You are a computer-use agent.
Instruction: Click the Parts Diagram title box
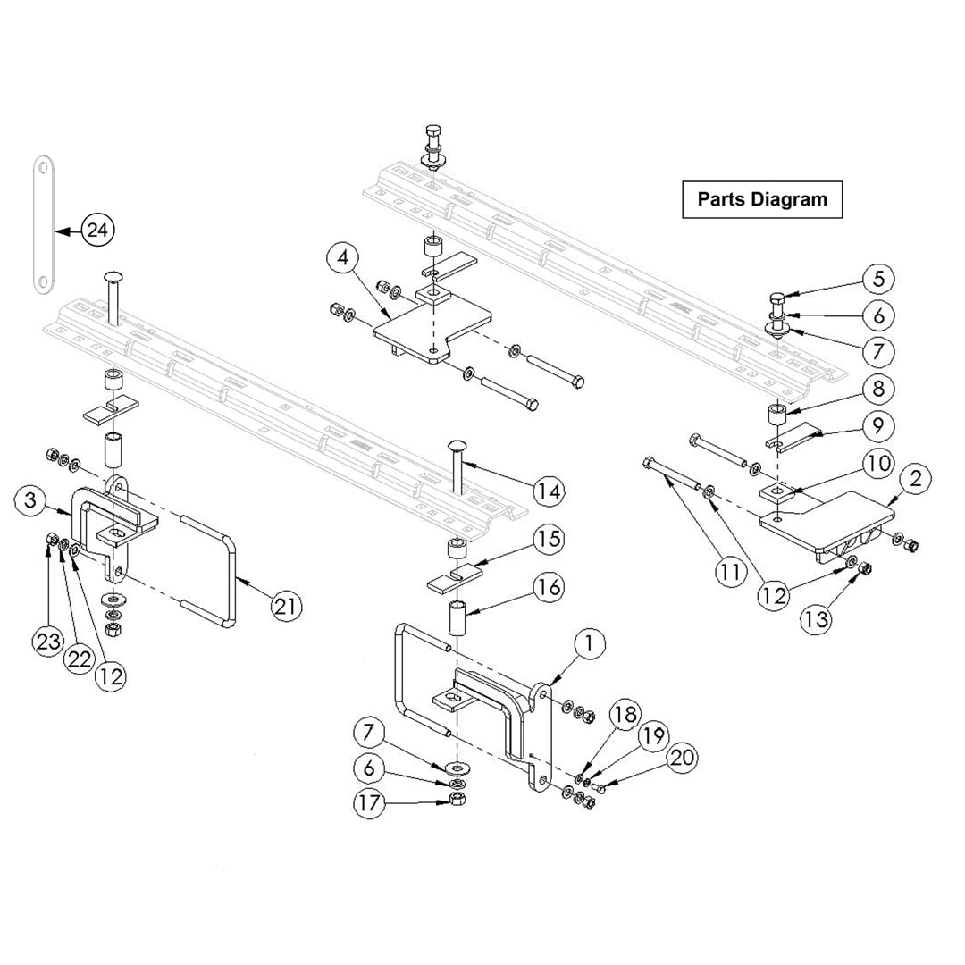click(x=762, y=199)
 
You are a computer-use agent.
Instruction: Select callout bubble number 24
click(x=98, y=231)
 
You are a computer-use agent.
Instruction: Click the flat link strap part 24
click(x=42, y=222)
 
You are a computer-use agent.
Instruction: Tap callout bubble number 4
click(x=342, y=259)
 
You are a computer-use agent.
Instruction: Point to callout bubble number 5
click(x=878, y=279)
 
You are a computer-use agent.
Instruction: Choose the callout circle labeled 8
click(x=878, y=389)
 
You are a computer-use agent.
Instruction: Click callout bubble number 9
click(x=878, y=425)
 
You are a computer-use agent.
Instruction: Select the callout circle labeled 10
click(x=878, y=462)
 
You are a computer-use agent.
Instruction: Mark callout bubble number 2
click(x=914, y=480)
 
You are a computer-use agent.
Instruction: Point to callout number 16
click(x=550, y=586)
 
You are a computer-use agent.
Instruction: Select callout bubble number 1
click(x=589, y=642)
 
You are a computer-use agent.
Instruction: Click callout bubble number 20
click(x=682, y=758)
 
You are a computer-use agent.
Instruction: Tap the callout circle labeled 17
click(x=368, y=802)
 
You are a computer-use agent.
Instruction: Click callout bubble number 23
click(x=47, y=641)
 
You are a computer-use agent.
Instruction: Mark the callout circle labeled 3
click(x=30, y=501)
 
